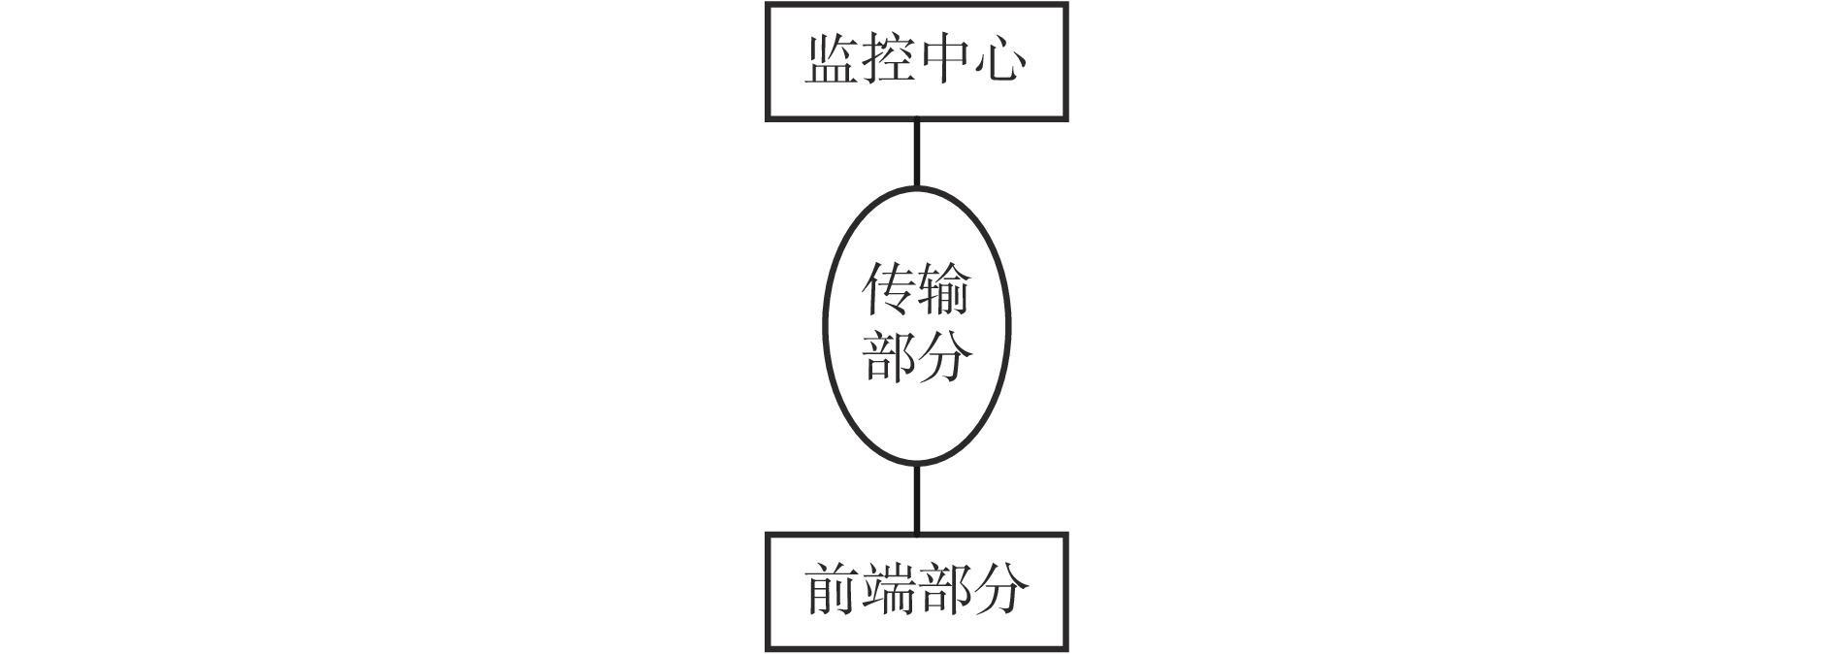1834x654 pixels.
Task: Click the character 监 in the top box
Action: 833,60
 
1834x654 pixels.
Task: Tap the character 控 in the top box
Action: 888,60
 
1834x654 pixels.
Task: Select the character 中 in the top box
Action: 944,60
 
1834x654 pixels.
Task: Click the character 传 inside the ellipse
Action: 889,290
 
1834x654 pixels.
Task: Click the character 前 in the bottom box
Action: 833,590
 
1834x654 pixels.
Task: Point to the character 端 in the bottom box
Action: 888,590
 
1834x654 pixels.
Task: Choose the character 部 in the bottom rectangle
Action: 944,590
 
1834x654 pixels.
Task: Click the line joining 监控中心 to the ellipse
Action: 917,153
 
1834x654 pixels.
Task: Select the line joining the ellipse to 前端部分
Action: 917,499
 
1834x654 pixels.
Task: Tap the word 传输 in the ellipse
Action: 917,290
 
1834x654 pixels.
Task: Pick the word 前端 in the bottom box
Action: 861,590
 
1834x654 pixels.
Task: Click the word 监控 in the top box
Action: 861,60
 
